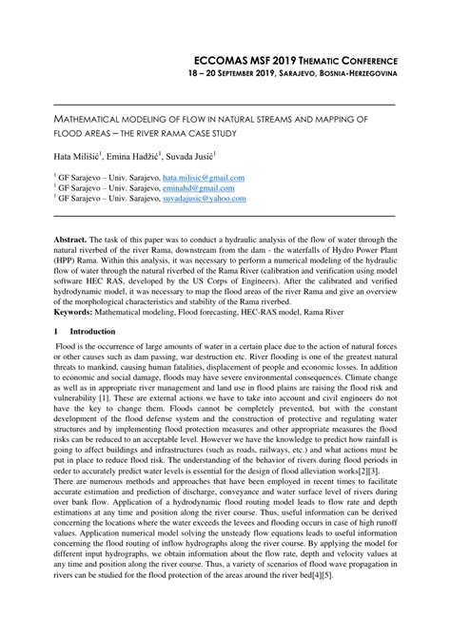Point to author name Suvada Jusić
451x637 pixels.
tap(192, 154)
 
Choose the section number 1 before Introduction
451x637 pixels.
tap(56, 331)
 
